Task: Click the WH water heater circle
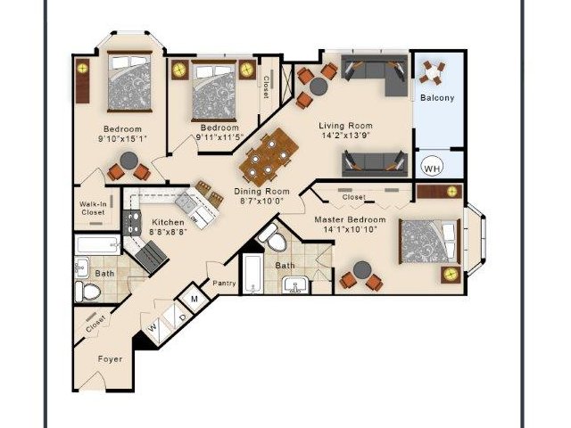432,168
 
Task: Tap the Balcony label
437,98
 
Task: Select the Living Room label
345,126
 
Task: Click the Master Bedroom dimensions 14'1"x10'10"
350,230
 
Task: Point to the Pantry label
224,283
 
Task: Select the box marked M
194,300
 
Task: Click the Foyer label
110,359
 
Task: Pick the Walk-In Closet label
93,208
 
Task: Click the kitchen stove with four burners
132,222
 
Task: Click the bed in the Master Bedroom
430,241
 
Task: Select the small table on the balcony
432,73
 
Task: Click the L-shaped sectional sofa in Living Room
375,75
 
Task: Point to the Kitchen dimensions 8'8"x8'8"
168,231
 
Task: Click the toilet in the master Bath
274,237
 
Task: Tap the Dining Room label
261,192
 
